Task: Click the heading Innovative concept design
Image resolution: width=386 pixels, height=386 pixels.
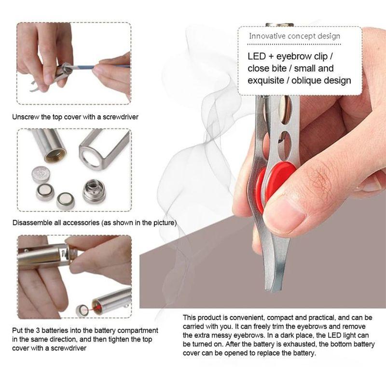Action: pyautogui.click(x=294, y=36)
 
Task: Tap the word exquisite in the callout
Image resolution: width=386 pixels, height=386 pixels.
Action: pyautogui.click(x=267, y=81)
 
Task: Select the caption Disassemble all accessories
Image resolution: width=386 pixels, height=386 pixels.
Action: pyautogui.click(x=95, y=223)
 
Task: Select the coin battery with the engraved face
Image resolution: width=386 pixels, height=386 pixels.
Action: pyautogui.click(x=41, y=173)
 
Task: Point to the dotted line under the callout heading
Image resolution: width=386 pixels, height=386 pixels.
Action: pyautogui.click(x=300, y=44)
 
